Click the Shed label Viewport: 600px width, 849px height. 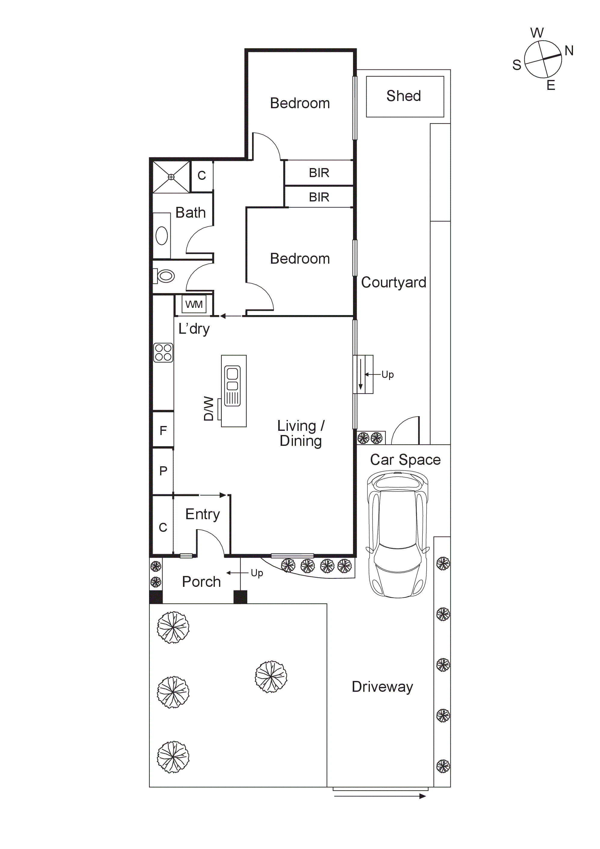pos(404,96)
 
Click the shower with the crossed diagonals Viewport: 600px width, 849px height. pos(171,177)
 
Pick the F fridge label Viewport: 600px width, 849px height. pos(163,431)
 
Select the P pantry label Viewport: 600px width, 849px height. pos(163,471)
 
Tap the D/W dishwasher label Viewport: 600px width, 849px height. pos(209,408)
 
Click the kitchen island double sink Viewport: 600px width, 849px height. pos(232,385)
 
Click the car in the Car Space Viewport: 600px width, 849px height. pos(398,534)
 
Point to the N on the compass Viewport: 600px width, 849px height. pos(569,51)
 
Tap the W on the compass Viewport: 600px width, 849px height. pos(537,33)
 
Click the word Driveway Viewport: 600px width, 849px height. pos(382,687)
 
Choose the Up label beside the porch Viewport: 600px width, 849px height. pos(257,573)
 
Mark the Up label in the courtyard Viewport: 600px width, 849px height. pos(388,375)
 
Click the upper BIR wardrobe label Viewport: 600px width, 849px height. pos(319,173)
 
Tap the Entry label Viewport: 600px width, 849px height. pos(203,514)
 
